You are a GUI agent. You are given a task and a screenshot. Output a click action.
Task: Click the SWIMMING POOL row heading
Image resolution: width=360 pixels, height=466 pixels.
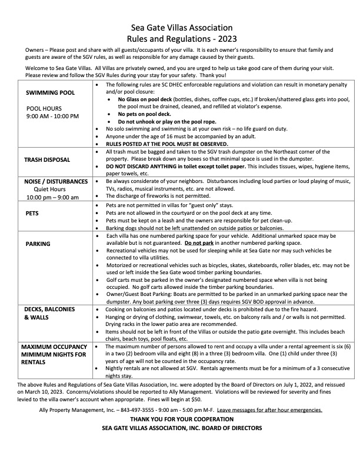point(50,93)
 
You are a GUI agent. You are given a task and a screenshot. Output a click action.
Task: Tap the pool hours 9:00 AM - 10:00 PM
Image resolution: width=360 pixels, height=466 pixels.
point(52,116)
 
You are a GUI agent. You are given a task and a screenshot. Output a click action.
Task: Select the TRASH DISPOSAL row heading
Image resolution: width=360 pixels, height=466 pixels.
point(47,159)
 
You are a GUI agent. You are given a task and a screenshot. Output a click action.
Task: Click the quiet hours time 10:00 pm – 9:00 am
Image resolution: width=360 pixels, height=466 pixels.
point(53,197)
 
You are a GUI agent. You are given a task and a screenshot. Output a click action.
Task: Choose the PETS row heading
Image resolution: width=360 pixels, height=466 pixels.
point(32,213)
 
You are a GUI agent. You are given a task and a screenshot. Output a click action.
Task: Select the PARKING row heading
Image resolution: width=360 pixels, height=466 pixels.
point(38,244)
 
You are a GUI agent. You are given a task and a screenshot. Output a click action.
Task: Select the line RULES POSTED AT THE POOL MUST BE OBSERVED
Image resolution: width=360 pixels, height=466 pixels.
point(166,144)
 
